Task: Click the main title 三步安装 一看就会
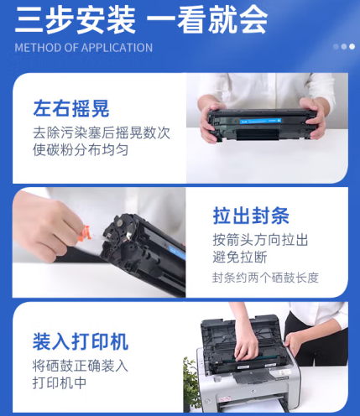coord(141,20)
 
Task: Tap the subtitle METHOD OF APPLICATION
coord(84,48)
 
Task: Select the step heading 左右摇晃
coord(71,108)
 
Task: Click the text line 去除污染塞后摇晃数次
coord(102,133)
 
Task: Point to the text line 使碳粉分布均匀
coord(81,149)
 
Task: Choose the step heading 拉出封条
coord(251,216)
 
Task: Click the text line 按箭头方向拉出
coord(260,240)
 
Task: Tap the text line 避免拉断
coord(240,257)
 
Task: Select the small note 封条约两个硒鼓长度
coord(265,278)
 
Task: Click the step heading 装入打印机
coord(81,341)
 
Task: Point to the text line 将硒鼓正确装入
coord(81,366)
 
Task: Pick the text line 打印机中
coord(60,382)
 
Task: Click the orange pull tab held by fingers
coord(84,234)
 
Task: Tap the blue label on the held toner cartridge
coord(260,121)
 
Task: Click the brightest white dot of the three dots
coord(352,47)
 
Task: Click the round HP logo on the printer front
coord(253,391)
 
